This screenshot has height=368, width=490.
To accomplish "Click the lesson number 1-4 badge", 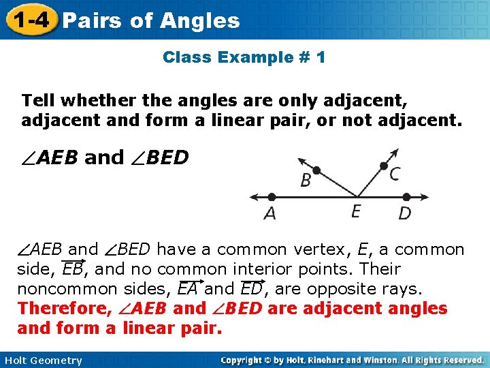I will pos(29,20).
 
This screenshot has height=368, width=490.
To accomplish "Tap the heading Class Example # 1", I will pos(244,57).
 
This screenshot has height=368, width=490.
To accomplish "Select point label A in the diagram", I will pos(270,213).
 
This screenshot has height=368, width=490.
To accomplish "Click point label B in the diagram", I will pos(306,181).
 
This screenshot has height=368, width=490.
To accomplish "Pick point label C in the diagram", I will pos(394,174).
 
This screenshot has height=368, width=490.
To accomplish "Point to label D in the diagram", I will pos(404,213).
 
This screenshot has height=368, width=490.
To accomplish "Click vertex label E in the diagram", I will pos(356,212).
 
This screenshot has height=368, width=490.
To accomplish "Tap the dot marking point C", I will pos(384,166).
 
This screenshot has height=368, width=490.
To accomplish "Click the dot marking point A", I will pos(270,198).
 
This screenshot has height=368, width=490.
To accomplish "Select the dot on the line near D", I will pos(404,198).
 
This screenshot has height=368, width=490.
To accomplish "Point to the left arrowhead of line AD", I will pos(253,198).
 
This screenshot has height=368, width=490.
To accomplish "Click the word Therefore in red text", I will pos(65,309).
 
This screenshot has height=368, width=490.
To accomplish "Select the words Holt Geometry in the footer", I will pos(42,361).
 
